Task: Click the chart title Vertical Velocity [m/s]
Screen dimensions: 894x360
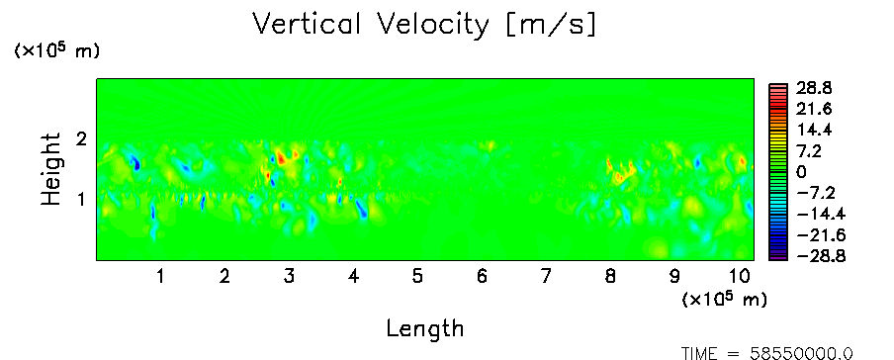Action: [x=424, y=26]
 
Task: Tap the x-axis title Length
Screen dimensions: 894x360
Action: [x=425, y=329]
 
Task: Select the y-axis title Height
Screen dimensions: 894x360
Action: [x=51, y=169]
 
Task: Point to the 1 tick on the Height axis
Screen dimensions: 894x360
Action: [x=80, y=200]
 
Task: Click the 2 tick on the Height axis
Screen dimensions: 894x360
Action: [x=80, y=139]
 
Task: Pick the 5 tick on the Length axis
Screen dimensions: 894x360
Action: [x=417, y=277]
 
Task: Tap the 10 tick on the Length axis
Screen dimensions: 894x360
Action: [x=739, y=277]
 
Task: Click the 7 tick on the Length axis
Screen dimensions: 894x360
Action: [x=546, y=277]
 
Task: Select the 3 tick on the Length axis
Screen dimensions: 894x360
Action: [x=289, y=277]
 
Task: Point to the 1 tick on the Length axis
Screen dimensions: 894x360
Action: [x=161, y=277]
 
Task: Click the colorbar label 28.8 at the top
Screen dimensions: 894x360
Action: [x=813, y=88]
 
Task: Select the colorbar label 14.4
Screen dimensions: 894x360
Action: [x=813, y=131]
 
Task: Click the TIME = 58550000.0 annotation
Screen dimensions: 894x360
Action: [x=767, y=353]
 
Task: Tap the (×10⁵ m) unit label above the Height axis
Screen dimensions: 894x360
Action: [x=56, y=50]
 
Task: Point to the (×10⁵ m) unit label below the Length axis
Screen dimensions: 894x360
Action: [x=724, y=299]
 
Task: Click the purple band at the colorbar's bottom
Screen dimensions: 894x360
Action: [x=777, y=257]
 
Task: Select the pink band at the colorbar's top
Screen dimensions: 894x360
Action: [x=777, y=86]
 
